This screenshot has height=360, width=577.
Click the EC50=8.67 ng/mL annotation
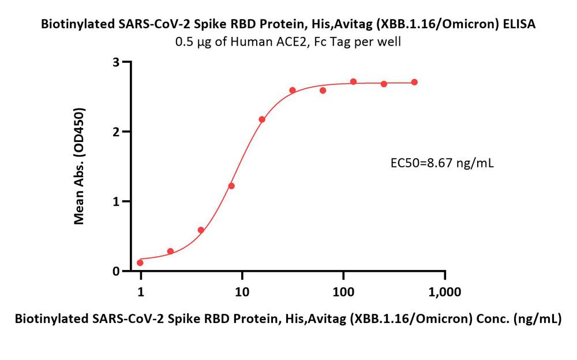[x=442, y=163]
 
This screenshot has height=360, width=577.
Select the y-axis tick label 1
[x=117, y=201]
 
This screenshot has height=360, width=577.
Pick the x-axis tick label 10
[x=242, y=292]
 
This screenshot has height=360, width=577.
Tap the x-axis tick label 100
[x=343, y=292]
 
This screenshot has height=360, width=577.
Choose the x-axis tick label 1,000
[x=445, y=292]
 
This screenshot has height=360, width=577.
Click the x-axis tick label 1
[x=141, y=292]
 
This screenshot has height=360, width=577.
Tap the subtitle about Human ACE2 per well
[x=288, y=42]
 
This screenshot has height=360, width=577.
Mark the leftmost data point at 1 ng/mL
[x=140, y=262]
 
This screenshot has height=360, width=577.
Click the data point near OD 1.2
[x=231, y=186]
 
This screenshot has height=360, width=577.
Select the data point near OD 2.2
[x=262, y=119]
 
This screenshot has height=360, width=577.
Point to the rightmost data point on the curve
[x=414, y=82]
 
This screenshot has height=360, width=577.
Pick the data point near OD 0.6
[x=201, y=230]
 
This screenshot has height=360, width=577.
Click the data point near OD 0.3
[x=170, y=252]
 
